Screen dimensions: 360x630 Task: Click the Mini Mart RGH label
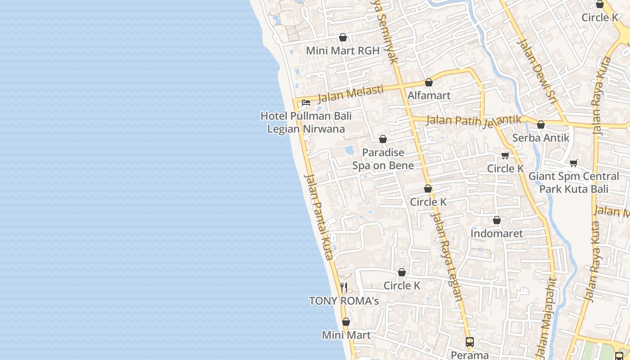342,51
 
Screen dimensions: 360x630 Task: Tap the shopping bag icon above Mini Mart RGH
343,37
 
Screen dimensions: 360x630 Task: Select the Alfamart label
429,95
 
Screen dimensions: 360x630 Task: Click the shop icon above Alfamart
429,82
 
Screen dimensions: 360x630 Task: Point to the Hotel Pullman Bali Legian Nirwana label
306,122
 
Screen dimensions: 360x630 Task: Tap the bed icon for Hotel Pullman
306,102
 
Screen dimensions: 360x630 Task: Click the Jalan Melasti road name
351,94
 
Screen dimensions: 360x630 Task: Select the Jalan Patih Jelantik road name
473,121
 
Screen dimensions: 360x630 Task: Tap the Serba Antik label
540,138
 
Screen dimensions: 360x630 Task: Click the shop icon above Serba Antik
541,125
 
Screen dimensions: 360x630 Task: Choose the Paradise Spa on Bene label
383,159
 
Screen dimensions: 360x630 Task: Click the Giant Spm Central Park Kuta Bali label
574,182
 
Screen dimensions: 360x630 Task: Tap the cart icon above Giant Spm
573,163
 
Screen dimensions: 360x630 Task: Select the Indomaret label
497,234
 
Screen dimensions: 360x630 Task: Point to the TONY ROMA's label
344,301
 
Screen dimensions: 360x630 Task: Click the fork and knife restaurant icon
344,287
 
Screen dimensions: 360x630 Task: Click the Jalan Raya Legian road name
447,256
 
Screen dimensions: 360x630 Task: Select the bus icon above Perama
470,342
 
